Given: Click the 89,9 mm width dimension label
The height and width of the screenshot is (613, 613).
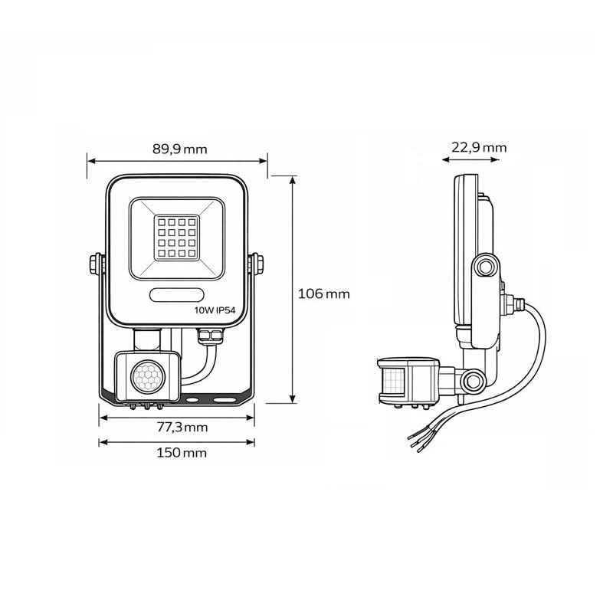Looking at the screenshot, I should [x=179, y=149].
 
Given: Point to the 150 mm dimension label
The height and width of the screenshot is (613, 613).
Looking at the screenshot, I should [x=179, y=453].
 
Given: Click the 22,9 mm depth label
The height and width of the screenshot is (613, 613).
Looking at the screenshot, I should [x=478, y=148].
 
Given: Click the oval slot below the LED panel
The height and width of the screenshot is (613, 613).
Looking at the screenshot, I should [x=176, y=294].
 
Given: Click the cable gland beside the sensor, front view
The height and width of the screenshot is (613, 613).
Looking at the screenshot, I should [x=208, y=336].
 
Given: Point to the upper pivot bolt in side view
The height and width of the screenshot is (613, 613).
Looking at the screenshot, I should [x=484, y=267].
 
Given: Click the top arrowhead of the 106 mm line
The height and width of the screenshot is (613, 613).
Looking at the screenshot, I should [x=293, y=179].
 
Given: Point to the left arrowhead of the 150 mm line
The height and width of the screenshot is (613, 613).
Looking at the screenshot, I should [x=103, y=442].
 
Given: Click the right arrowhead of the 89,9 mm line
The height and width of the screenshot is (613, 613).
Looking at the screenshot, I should [x=264, y=162].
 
